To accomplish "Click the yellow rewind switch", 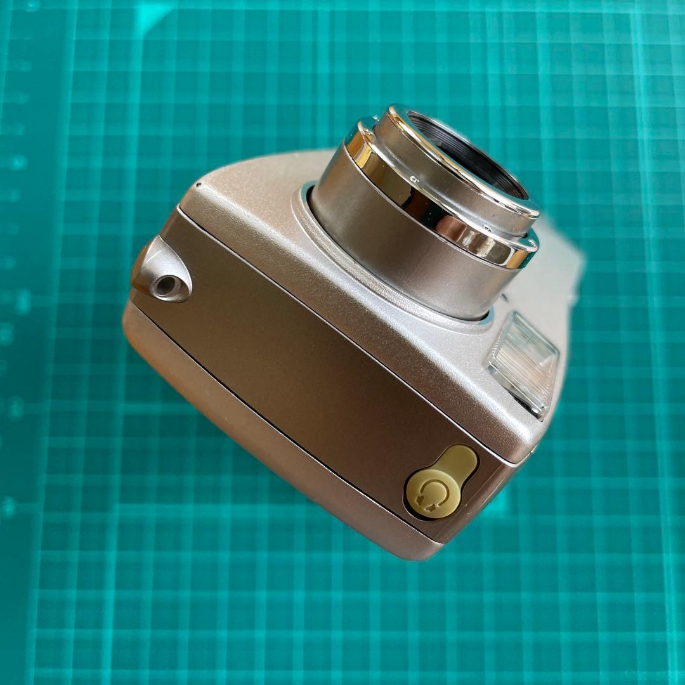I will click(441, 482).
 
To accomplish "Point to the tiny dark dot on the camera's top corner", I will click(198, 186).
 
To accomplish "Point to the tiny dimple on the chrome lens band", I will click(413, 179).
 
